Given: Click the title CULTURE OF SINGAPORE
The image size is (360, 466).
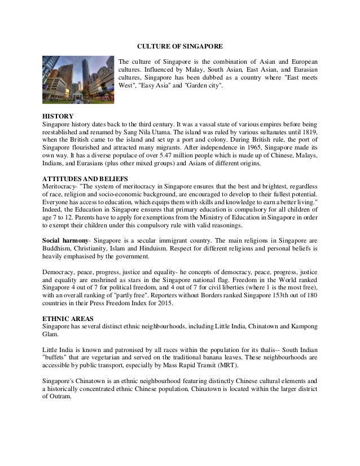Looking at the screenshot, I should (179, 45).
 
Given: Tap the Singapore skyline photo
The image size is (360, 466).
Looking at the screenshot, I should (77, 80).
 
